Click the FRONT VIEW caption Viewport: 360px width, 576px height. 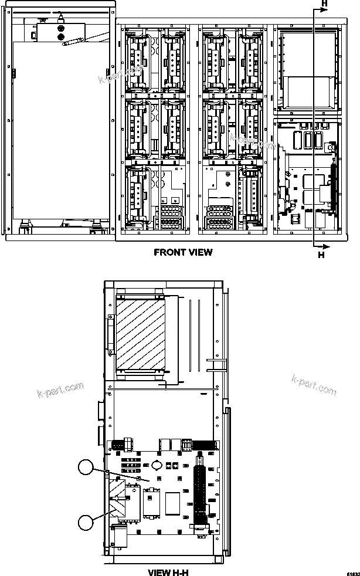183,252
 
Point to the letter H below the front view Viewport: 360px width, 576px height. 321,255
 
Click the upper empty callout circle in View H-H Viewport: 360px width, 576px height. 86,467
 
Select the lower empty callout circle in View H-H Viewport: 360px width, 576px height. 86,521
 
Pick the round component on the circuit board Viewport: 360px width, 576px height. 157,465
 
